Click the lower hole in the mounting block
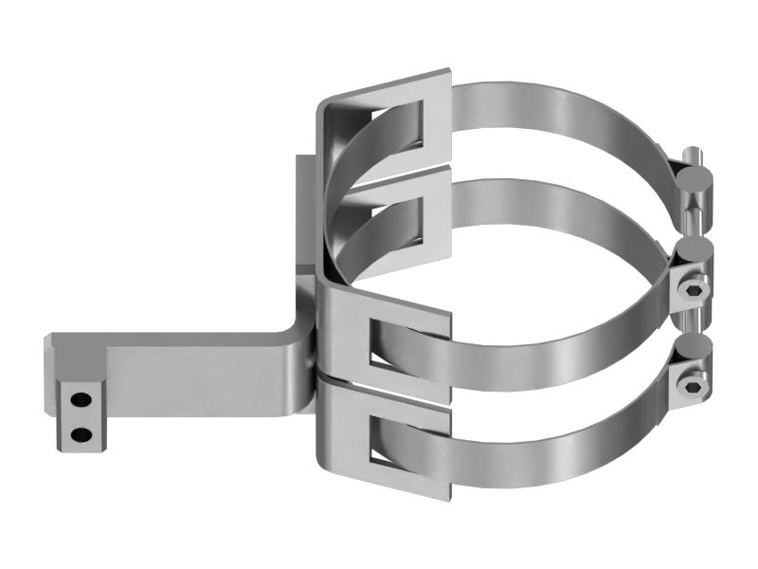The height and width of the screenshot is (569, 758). pos(82,434)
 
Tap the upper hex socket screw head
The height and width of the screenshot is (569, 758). pos(694,287)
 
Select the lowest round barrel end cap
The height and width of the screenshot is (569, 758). pos(697,348)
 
